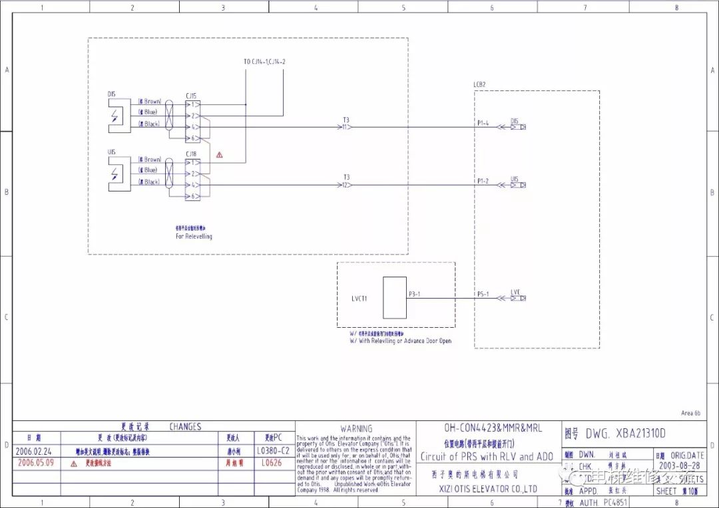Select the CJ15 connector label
[x=191, y=95]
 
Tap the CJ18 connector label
[x=191, y=154]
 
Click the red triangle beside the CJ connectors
[x=219, y=155]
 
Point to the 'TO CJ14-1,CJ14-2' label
[x=268, y=62]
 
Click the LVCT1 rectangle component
[x=395, y=298]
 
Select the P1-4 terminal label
[x=483, y=123]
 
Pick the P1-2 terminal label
[x=483, y=181]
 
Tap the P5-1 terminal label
[x=483, y=294]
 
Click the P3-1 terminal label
[x=415, y=294]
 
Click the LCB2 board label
[x=479, y=85]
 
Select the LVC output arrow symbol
[x=518, y=298]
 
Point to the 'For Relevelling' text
[x=194, y=236]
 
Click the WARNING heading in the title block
[x=356, y=429]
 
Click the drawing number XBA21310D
[x=625, y=434]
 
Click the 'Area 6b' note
[x=691, y=413]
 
